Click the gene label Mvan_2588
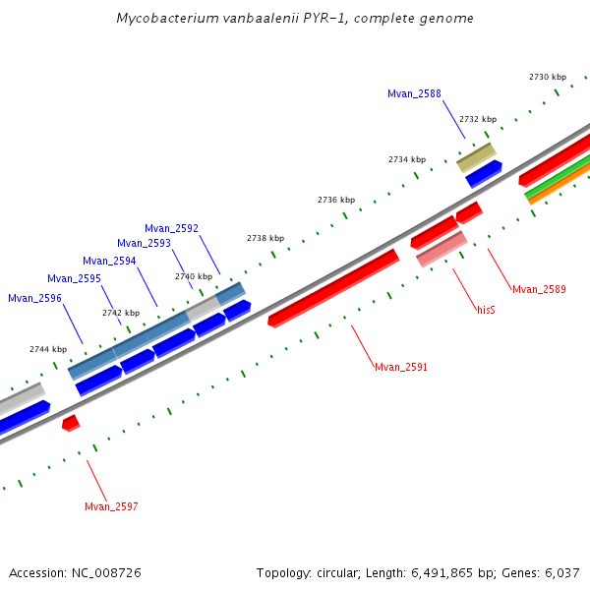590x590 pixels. tap(414, 94)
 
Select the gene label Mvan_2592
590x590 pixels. tap(171, 228)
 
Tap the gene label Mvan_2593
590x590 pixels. tap(144, 243)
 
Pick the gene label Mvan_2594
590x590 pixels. tap(109, 261)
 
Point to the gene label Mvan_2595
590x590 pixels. tap(74, 278)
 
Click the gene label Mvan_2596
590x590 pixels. tap(34, 298)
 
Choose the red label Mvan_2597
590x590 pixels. tap(111, 507)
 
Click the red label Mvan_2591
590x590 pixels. tap(401, 367)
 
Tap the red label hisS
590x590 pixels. tap(486, 310)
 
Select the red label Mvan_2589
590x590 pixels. tap(539, 289)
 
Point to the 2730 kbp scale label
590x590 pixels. tap(548, 77)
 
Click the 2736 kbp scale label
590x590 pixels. tap(336, 200)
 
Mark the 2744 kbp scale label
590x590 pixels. tap(48, 349)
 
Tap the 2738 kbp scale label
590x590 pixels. tap(265, 238)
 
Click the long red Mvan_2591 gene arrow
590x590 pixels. tap(334, 287)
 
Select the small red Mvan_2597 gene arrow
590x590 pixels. tap(70, 423)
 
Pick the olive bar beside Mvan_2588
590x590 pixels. tap(476, 156)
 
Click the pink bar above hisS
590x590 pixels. tap(442, 249)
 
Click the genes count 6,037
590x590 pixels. tap(561, 572)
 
